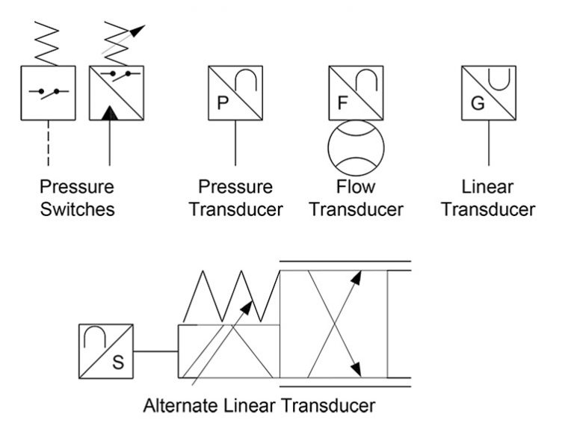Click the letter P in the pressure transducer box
click(x=222, y=103)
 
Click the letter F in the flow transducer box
click(x=342, y=103)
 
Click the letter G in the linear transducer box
click(x=477, y=103)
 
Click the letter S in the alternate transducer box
click(x=117, y=363)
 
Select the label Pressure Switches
click(x=78, y=198)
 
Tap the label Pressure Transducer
click(x=235, y=198)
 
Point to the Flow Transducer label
click(x=357, y=198)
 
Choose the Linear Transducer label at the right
click(x=488, y=198)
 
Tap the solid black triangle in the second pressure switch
click(x=110, y=113)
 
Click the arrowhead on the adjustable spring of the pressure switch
click(x=138, y=31)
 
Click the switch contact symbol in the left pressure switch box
click(x=48, y=93)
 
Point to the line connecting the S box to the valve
click(x=155, y=351)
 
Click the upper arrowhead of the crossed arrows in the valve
click(x=357, y=277)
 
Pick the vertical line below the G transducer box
click(x=489, y=142)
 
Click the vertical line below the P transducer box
click(x=235, y=142)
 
